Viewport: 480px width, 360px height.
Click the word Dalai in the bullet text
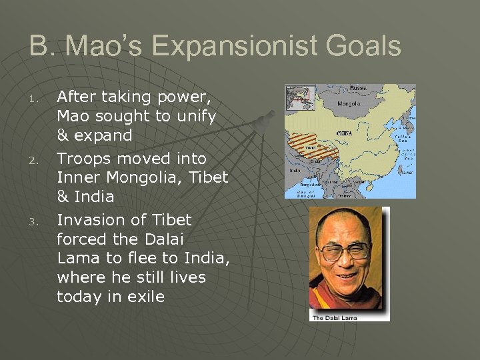(163, 239)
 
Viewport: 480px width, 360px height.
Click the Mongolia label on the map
(349, 104)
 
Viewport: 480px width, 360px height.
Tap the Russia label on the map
(358, 88)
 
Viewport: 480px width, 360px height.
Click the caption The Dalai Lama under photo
(335, 317)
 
